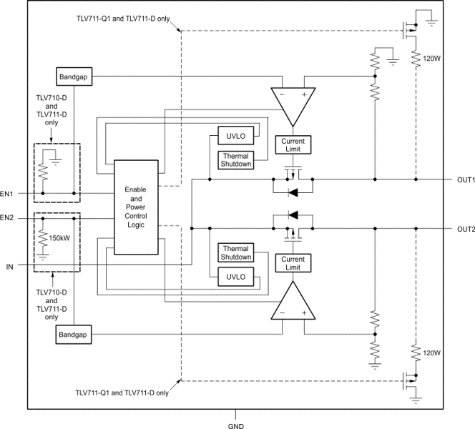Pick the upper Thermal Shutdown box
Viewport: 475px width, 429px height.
point(236,159)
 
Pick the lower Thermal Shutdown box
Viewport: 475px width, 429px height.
point(236,252)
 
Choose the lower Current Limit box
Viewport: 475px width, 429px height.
point(293,262)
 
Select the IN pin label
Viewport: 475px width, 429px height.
point(9,266)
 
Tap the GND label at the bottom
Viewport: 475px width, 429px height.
point(236,424)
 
